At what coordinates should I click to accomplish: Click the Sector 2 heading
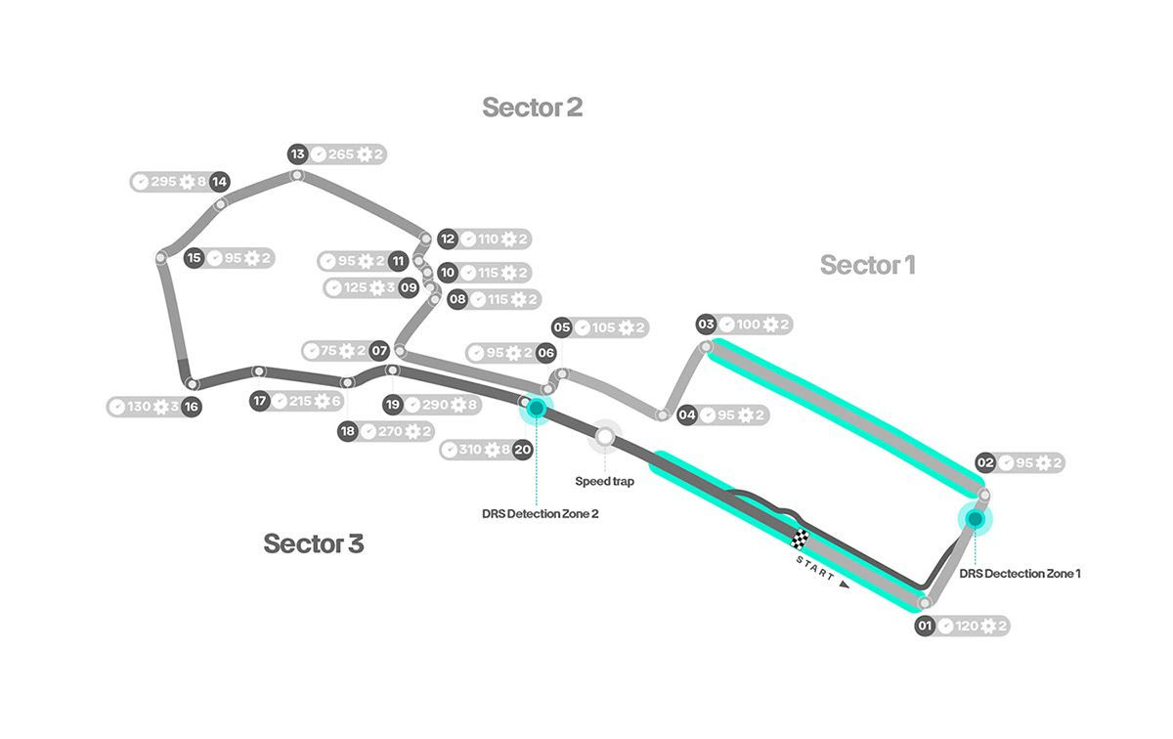point(532,108)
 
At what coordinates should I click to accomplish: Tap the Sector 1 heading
point(867,265)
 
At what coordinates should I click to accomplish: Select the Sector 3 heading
point(313,544)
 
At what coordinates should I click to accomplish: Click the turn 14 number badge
point(219,182)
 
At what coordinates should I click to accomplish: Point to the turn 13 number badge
point(298,154)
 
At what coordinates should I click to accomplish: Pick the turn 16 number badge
point(191,407)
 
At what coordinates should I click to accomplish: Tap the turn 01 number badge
point(925,627)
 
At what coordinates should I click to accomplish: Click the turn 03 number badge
point(706,325)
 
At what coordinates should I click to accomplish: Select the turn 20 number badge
point(522,450)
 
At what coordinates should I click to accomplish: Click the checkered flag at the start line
point(801,537)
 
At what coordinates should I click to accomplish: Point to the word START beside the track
point(815,569)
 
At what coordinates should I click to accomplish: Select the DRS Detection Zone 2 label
point(540,513)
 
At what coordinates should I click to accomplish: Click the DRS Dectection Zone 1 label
point(1020,574)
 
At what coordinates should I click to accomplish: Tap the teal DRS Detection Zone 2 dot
point(536,406)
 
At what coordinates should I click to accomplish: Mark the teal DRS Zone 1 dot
point(975,518)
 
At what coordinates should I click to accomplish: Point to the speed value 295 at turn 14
point(164,182)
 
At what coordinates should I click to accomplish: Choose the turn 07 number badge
point(379,351)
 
